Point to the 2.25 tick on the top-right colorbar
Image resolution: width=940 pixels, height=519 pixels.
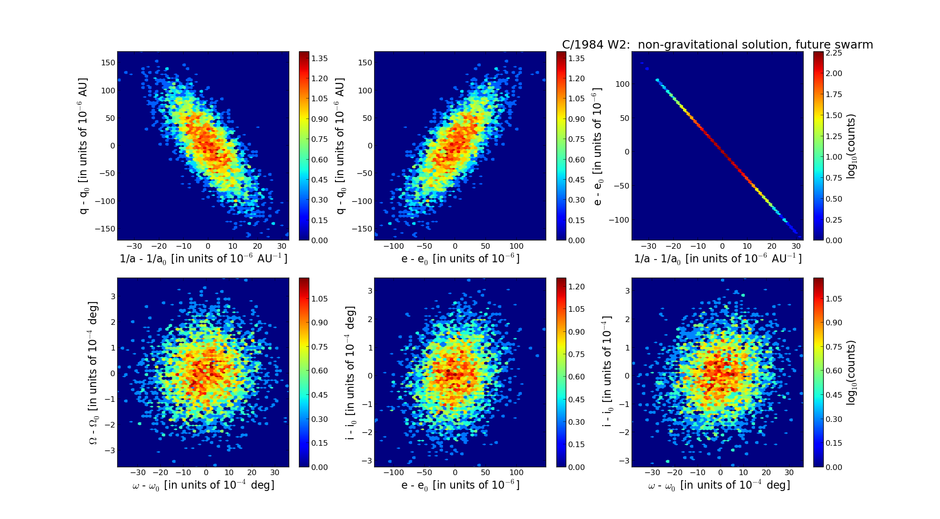pyautogui.click(x=833, y=53)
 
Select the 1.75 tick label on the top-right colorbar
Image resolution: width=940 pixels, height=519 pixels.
pyautogui.click(x=833, y=94)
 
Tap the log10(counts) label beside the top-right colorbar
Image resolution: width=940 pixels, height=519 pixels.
pyautogui.click(x=851, y=147)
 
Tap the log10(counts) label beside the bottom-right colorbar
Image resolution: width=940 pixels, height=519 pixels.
pyautogui.click(x=851, y=372)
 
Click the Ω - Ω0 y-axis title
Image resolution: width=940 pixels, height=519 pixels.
pyautogui.click(x=93, y=372)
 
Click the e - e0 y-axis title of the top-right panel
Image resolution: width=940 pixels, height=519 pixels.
pyautogui.click(x=598, y=147)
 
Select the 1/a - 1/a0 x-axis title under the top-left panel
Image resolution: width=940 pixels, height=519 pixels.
pyautogui.click(x=203, y=259)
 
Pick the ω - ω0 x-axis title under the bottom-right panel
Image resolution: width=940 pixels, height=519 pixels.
pyautogui.click(x=719, y=485)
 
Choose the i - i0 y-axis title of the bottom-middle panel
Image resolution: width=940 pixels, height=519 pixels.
pyautogui.click(x=350, y=372)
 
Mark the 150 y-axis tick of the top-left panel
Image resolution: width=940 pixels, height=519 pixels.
pyautogui.click(x=108, y=63)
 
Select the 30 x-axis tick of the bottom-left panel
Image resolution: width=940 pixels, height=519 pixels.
pyautogui.click(x=275, y=472)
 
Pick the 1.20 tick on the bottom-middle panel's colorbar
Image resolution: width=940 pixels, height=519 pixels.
pyautogui.click(x=576, y=287)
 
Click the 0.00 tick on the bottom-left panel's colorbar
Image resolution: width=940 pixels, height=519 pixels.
pyautogui.click(x=320, y=467)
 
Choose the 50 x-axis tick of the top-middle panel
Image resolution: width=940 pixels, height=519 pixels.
pyautogui.click(x=485, y=246)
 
